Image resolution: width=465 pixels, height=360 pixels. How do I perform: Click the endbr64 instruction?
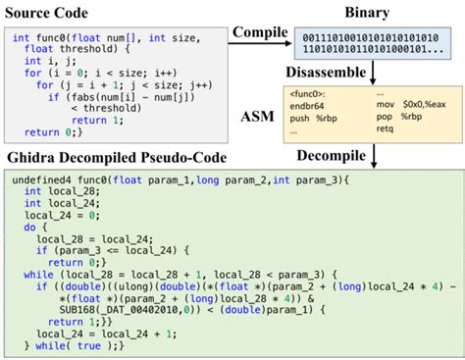[x=306, y=106]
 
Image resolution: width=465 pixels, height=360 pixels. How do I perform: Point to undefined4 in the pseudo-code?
[x=43, y=181]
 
